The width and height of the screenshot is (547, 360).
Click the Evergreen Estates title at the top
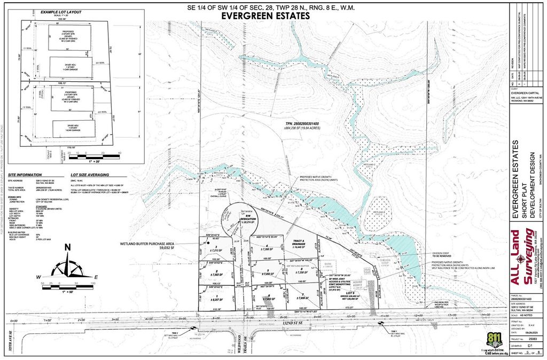coord(265,16)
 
